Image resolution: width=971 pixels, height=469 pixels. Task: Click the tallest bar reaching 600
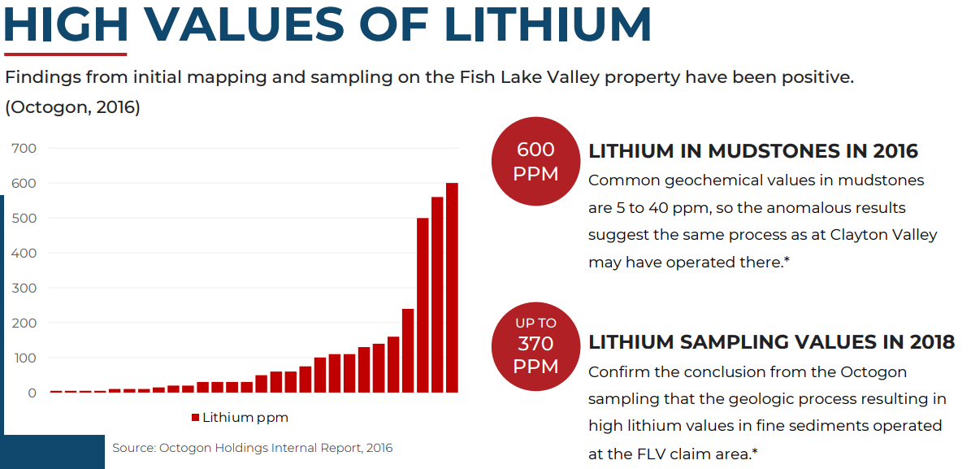(x=452, y=288)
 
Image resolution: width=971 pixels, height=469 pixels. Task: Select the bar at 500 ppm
(x=423, y=305)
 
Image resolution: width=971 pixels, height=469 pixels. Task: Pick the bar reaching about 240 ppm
(x=408, y=350)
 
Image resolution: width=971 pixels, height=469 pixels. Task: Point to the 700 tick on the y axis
(x=24, y=148)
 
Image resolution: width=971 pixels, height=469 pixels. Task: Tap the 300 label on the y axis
(x=24, y=288)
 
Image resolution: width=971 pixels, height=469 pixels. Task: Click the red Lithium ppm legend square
(x=196, y=418)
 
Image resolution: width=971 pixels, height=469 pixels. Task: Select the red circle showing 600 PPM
(x=535, y=162)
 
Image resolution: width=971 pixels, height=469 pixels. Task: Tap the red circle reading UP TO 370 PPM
(x=535, y=345)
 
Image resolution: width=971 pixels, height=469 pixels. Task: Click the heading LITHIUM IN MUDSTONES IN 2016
(x=753, y=151)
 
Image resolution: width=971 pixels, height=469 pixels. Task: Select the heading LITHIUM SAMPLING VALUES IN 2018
(x=771, y=342)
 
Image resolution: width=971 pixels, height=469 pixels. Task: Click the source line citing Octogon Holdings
(x=252, y=448)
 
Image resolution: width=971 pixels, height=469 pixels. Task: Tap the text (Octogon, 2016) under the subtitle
(x=73, y=107)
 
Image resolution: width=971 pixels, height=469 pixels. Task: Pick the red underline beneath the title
(x=65, y=54)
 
